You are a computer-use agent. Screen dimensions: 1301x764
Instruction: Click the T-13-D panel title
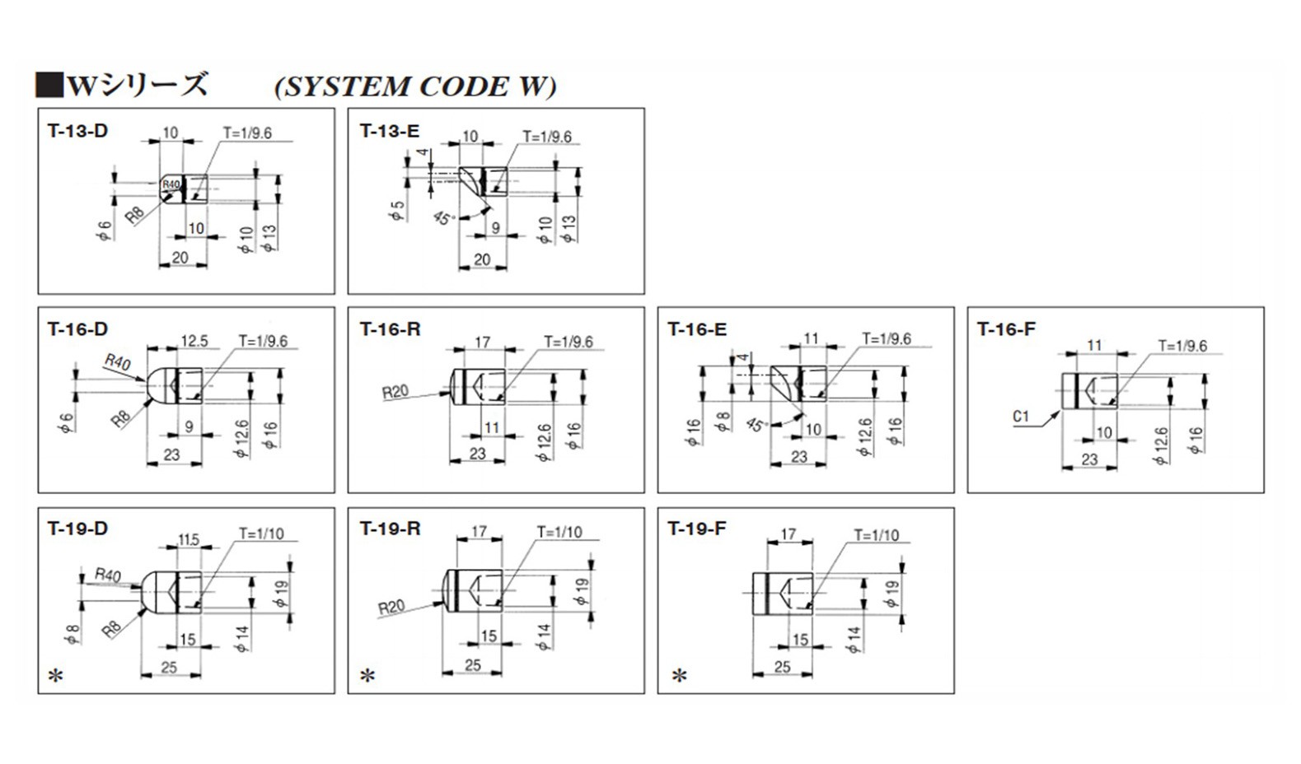click(x=77, y=131)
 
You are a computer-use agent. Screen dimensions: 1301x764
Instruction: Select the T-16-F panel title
click(x=1006, y=330)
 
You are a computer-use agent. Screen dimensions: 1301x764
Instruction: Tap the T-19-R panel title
click(x=390, y=529)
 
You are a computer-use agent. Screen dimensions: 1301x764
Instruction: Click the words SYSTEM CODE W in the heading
click(x=415, y=86)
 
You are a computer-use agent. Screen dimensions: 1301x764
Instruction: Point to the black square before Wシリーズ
click(x=49, y=85)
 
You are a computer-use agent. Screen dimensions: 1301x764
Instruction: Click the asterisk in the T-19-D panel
click(x=56, y=676)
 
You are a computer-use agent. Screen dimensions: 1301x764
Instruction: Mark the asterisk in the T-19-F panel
click(x=679, y=676)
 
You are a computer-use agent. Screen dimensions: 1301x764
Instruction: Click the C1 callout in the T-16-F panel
click(x=1021, y=417)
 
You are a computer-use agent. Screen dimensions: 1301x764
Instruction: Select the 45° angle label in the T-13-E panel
click(x=444, y=218)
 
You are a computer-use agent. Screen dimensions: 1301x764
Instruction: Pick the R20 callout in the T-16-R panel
click(x=395, y=393)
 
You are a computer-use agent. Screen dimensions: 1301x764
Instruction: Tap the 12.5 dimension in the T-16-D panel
click(x=194, y=342)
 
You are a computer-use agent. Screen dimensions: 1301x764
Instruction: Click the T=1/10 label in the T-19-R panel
click(x=559, y=533)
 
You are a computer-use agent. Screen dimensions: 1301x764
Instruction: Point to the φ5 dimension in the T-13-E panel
click(x=397, y=212)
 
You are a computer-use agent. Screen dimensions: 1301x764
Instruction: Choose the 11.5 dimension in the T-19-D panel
click(x=188, y=541)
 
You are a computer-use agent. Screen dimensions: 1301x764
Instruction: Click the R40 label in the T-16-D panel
click(x=117, y=362)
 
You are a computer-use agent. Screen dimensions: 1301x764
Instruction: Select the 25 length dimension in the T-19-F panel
click(x=783, y=667)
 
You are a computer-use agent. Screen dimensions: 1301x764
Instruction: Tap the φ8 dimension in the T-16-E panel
click(x=722, y=422)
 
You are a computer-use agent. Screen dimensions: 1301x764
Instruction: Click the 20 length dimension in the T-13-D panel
click(x=180, y=258)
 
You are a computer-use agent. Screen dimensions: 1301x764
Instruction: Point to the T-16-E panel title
click(x=697, y=330)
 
